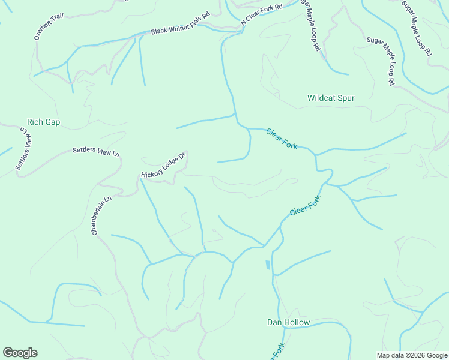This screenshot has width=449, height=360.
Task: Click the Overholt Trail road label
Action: [x=49, y=26]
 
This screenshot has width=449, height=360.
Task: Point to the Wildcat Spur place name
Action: [x=331, y=98]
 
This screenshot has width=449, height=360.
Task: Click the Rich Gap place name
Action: [x=44, y=122]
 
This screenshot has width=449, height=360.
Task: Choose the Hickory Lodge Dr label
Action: [x=164, y=166]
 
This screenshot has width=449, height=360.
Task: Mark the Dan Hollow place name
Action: [x=288, y=323]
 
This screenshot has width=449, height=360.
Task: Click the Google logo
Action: [x=20, y=353]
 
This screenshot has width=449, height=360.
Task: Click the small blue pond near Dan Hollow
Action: [x=267, y=265]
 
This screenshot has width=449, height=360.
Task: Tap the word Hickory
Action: [x=152, y=172]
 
